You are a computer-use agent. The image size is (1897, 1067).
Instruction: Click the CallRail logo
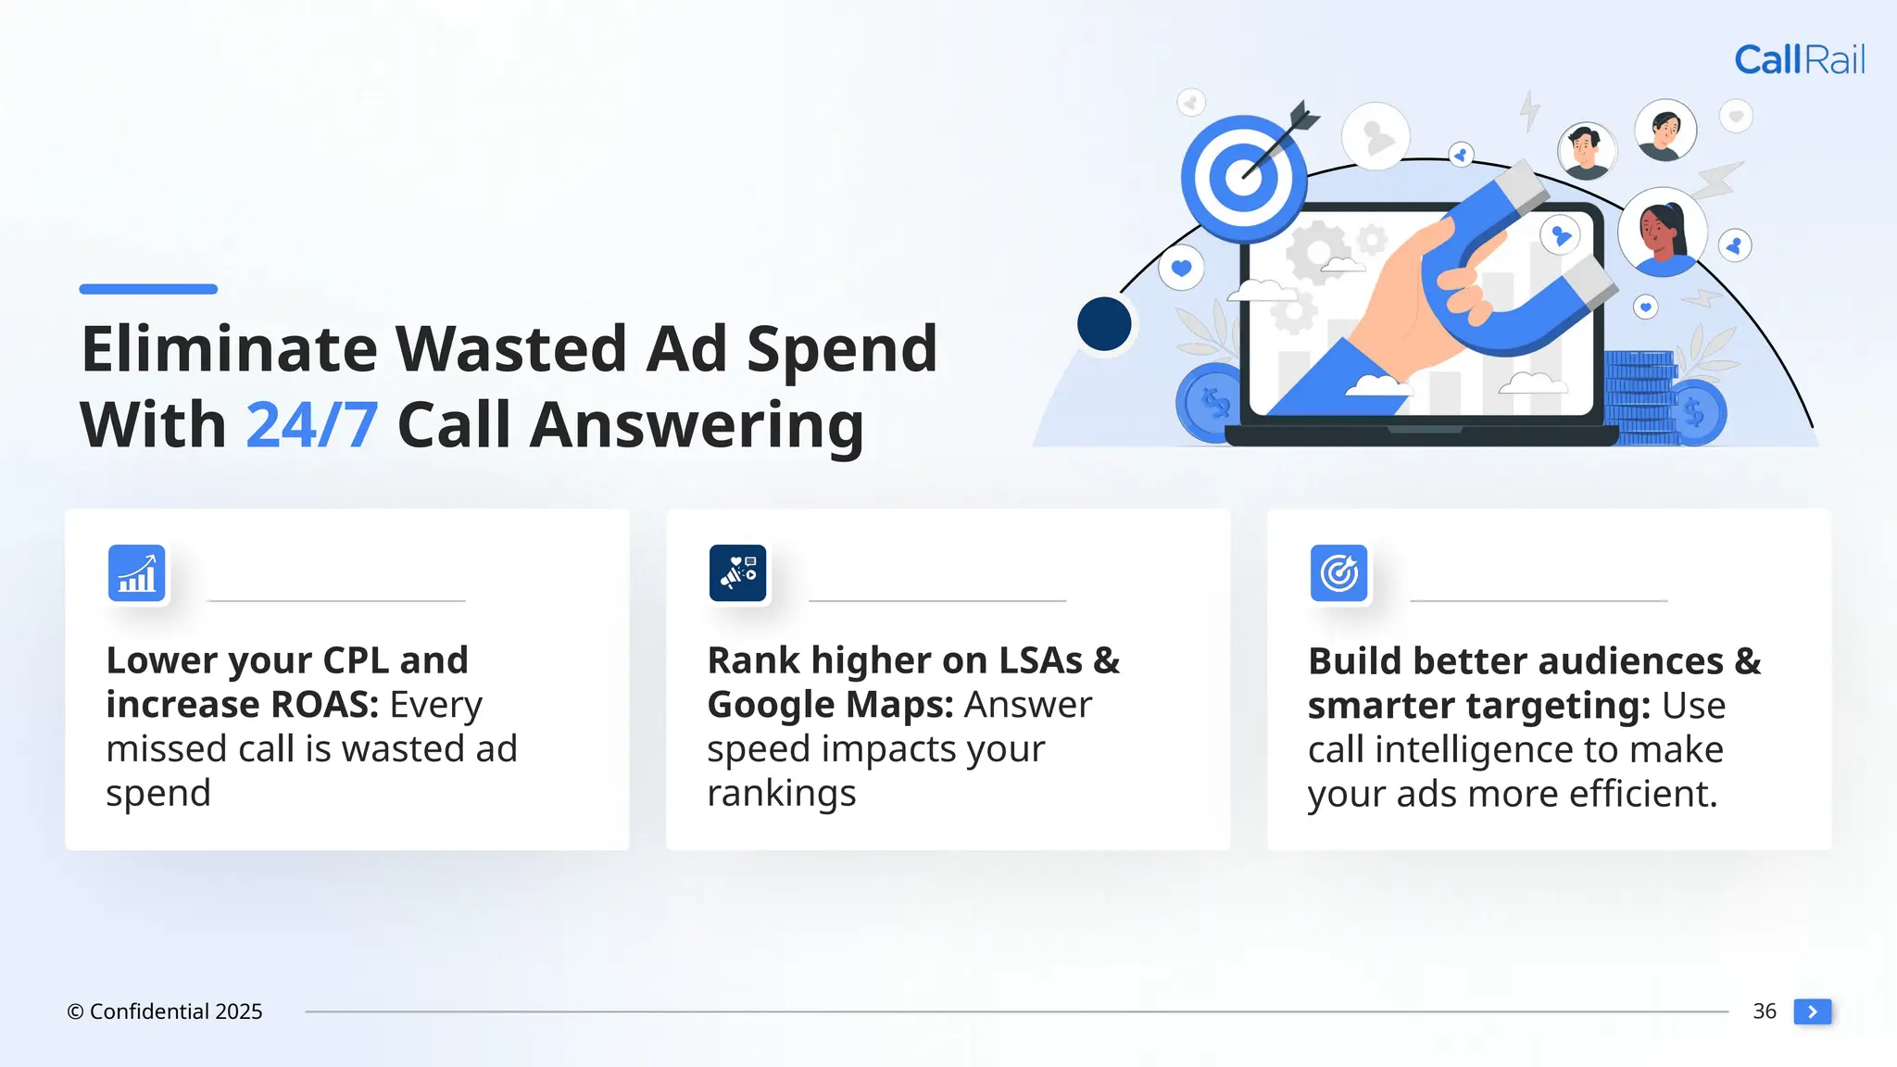click(x=1799, y=60)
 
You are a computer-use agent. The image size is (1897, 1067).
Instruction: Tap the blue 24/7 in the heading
click(x=311, y=426)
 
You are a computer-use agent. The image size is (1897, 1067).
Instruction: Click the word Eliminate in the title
click(x=229, y=349)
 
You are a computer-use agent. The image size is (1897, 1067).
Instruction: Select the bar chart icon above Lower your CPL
click(x=137, y=573)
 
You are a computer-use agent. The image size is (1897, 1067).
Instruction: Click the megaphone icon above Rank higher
click(x=737, y=573)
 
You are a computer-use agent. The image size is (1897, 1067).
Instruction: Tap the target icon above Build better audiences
click(x=1338, y=573)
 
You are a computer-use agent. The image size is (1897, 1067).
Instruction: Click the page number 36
click(x=1764, y=1011)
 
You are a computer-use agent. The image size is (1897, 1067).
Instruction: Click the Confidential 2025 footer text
click(x=165, y=1011)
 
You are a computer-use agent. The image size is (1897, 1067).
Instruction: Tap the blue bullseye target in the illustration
click(x=1242, y=178)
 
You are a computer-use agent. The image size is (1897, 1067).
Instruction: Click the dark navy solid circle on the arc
click(x=1104, y=324)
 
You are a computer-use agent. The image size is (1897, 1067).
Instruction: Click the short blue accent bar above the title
click(x=148, y=289)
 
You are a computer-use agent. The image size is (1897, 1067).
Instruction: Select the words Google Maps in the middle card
click(x=829, y=705)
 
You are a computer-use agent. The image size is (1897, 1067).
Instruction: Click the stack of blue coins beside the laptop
click(x=1639, y=398)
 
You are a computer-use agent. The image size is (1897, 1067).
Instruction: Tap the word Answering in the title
click(x=697, y=426)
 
